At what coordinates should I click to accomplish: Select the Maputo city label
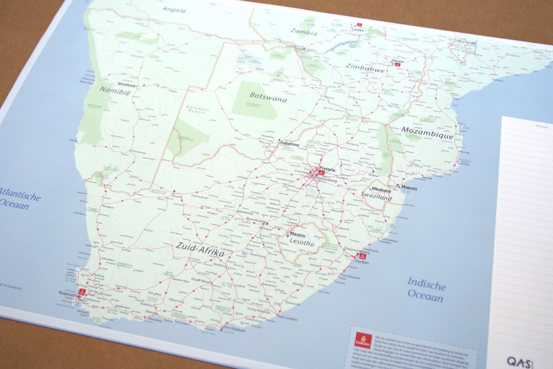(x=410, y=188)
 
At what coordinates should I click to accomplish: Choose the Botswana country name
(x=268, y=96)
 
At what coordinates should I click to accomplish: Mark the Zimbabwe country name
(x=364, y=66)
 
